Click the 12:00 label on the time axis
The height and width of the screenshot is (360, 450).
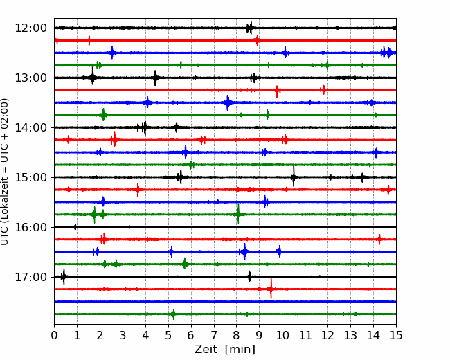[30, 28]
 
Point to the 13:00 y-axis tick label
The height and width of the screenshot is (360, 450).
[30, 78]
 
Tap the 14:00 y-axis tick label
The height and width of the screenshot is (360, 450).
[30, 127]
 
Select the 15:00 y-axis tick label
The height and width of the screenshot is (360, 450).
[30, 177]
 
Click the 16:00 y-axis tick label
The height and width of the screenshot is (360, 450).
[30, 227]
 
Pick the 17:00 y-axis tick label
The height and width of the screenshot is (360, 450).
[30, 277]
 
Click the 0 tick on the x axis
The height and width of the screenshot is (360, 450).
[54, 335]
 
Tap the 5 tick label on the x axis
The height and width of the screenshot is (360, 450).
[168, 335]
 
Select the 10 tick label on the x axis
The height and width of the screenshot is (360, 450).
[282, 335]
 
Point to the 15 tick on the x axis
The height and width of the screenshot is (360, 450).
[396, 335]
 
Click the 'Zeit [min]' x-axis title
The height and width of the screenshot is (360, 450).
[225, 350]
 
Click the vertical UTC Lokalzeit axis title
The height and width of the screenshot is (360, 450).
[5, 172]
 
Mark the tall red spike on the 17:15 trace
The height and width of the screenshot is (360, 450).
[271, 289]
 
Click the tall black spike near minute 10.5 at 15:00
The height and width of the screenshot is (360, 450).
[294, 177]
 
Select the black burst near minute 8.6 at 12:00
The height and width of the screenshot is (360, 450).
[250, 28]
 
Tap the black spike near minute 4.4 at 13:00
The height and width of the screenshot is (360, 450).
[155, 78]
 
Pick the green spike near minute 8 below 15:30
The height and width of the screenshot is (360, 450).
[238, 214]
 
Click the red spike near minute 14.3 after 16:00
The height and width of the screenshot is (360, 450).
[379, 239]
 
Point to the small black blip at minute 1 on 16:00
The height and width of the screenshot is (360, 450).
[75, 227]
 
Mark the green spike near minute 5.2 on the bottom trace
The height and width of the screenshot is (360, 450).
[173, 314]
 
